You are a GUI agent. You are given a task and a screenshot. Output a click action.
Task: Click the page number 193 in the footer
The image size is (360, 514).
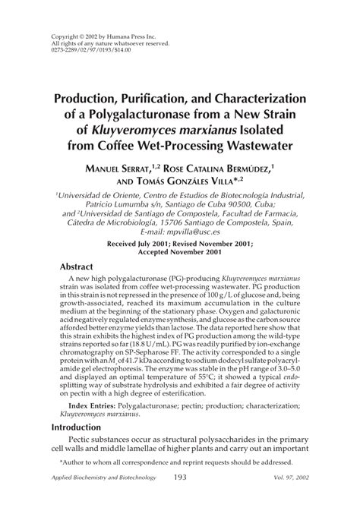click(x=180, y=477)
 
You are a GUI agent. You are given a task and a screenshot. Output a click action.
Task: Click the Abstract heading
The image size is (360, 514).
click(x=80, y=267)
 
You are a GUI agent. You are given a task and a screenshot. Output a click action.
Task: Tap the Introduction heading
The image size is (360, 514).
click(x=87, y=427)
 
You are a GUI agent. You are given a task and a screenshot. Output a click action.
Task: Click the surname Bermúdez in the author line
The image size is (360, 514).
click(x=248, y=167)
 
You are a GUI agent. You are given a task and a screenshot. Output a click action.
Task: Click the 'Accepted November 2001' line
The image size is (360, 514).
click(x=179, y=253)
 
